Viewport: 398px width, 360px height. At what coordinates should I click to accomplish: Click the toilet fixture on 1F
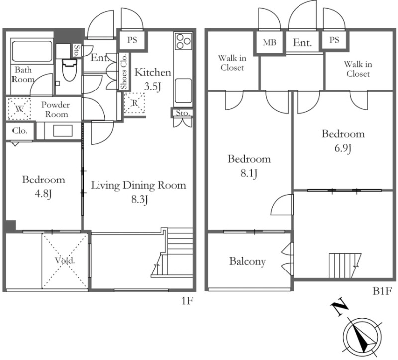tap(69, 70)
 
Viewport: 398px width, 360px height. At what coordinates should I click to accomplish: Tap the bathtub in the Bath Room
tap(32, 51)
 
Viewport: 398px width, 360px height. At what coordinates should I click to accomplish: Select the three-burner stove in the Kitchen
tap(183, 41)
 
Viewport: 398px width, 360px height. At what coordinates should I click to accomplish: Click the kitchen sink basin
tap(183, 91)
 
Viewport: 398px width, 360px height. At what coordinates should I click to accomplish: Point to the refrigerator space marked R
tap(134, 103)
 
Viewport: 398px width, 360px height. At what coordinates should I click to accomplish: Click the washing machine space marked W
tap(19, 109)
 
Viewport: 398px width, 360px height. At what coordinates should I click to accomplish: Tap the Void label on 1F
tap(65, 260)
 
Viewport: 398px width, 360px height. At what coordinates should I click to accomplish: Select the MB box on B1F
tap(270, 42)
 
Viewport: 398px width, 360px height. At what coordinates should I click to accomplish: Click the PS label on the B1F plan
tap(334, 40)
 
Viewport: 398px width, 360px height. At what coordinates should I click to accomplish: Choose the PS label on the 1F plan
tap(132, 40)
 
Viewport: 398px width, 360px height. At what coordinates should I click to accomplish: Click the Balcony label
tap(247, 261)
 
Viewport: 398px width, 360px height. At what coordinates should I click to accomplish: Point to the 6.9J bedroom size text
tap(343, 148)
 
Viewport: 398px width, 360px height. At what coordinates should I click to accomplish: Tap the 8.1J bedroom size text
tap(249, 173)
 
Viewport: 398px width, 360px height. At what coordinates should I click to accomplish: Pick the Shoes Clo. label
tap(124, 72)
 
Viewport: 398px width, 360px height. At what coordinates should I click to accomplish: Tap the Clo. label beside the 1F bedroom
tap(20, 131)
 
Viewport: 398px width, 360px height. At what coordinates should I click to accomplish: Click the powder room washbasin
tap(63, 131)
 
